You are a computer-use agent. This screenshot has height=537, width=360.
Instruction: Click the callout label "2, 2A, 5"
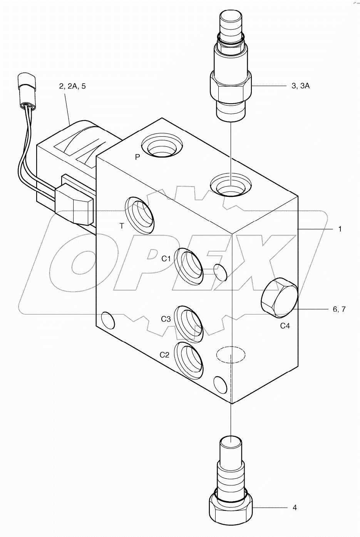(x=72, y=86)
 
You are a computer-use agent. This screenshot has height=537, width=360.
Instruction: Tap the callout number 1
(x=340, y=229)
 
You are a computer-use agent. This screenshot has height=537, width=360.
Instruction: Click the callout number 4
(x=295, y=508)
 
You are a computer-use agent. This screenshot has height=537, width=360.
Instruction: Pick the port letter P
(x=137, y=157)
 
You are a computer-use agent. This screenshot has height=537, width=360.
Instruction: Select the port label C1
(x=166, y=259)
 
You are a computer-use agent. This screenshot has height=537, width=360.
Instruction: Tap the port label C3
(x=166, y=319)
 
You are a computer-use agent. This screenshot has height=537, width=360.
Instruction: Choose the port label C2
(x=164, y=355)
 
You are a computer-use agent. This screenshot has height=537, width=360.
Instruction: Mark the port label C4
(x=285, y=326)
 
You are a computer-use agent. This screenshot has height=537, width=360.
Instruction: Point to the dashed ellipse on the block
(x=230, y=354)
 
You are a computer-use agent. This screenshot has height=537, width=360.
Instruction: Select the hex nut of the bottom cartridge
(x=231, y=512)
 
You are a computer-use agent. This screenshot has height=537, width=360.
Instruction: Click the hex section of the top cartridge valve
(x=231, y=85)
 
